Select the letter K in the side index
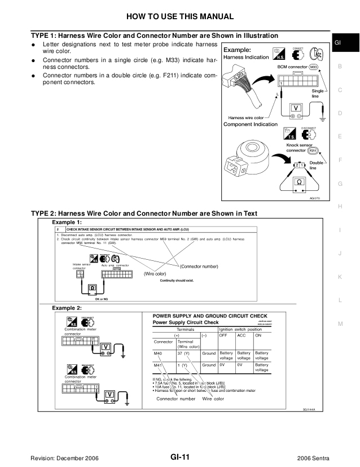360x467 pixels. click(340, 277)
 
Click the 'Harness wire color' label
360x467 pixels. click(247, 117)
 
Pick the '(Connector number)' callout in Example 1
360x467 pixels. click(199, 266)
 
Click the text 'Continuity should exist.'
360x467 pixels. click(177, 280)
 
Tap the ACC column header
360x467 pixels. click(242, 335)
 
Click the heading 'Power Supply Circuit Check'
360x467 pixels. click(186, 322)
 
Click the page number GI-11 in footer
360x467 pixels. click(179, 456)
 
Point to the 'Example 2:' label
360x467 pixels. click(67, 308)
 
